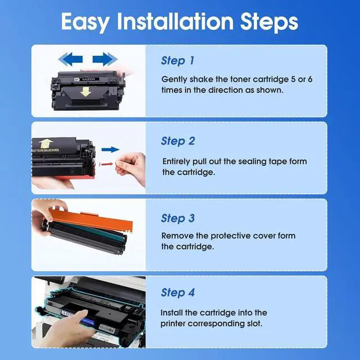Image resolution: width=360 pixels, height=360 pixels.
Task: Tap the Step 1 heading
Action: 178,61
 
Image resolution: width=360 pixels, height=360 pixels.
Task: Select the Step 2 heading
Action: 178,141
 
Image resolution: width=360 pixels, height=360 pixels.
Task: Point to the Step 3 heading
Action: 178,218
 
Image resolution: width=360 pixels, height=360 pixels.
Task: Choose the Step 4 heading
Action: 178,292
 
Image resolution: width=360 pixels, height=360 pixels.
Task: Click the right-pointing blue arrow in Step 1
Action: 105,59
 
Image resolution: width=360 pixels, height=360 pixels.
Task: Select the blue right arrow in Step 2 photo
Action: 111,150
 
